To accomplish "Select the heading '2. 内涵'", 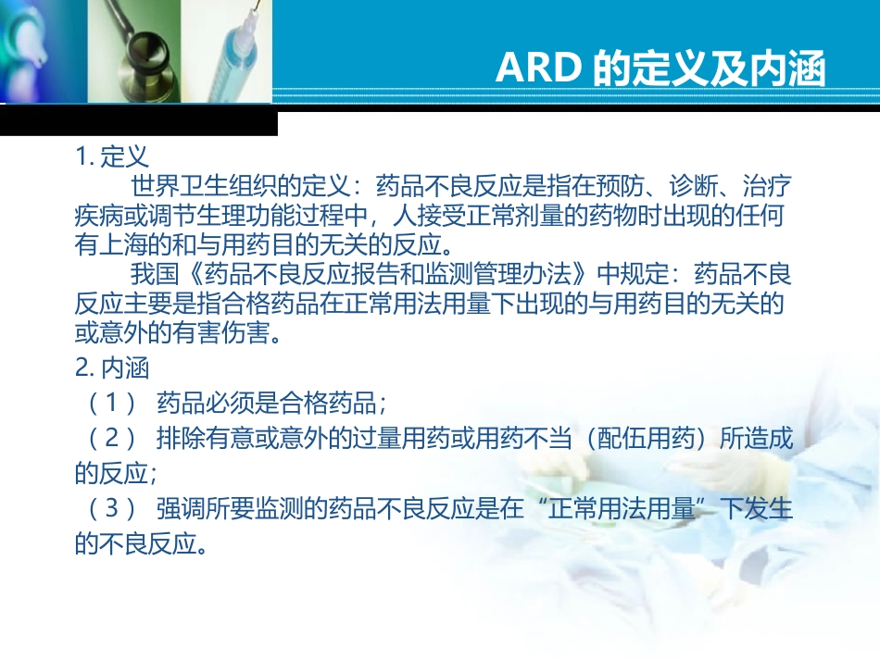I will pos(112,368).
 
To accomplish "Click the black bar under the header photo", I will pos(138,121).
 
